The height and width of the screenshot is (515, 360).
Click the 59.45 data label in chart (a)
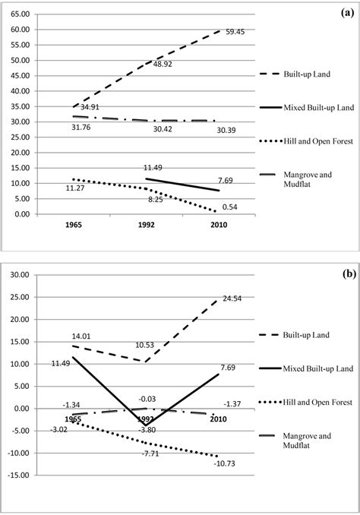235,31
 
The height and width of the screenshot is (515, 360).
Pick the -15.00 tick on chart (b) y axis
20,498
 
